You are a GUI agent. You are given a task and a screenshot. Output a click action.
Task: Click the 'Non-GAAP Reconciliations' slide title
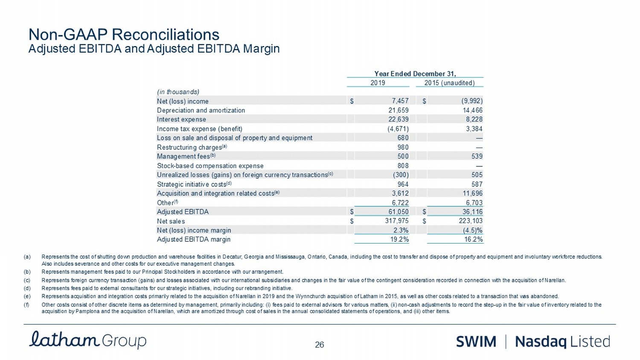124,35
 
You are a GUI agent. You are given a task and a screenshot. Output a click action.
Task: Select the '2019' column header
378,83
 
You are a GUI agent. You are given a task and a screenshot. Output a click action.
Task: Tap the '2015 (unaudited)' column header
449,83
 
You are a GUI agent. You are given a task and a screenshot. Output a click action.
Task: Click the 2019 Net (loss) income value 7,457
400,101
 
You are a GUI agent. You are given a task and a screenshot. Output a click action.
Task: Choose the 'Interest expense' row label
181,119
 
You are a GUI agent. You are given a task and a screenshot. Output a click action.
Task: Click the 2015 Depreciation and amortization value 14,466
471,110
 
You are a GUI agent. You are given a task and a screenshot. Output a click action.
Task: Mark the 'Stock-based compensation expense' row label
210,165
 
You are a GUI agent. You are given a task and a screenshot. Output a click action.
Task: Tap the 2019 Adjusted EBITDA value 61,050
397,212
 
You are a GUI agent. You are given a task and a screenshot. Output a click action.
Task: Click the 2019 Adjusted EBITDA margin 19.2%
400,239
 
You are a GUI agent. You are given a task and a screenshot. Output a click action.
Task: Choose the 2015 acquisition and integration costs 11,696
471,193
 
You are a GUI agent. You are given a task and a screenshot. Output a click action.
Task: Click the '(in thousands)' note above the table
178,92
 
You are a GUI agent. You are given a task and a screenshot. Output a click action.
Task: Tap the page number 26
320,345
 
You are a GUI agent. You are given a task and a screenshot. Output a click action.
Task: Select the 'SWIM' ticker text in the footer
476,342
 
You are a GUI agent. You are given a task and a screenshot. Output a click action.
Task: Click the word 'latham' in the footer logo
64,340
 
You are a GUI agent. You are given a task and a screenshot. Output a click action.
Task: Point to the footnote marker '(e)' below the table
27,296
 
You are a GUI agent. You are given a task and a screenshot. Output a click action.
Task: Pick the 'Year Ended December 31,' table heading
415,73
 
